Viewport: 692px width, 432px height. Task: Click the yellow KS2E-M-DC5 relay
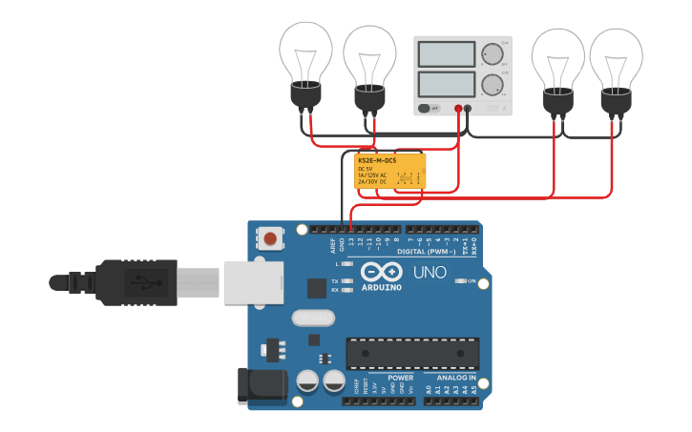click(x=389, y=172)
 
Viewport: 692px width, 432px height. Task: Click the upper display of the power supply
click(x=446, y=54)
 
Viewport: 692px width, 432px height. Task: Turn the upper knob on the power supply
click(x=492, y=53)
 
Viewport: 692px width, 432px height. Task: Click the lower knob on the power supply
click(x=492, y=85)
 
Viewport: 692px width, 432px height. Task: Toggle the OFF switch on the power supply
click(x=430, y=109)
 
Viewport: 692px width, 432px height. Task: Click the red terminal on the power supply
click(x=458, y=109)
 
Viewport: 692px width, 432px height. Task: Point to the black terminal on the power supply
click(x=468, y=109)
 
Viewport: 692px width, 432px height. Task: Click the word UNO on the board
click(x=429, y=273)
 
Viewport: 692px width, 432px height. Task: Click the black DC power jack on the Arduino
click(x=261, y=384)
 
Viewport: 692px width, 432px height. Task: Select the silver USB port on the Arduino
click(x=252, y=282)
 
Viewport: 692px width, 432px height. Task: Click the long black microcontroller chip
click(x=411, y=352)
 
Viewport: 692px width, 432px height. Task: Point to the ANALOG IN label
click(x=450, y=378)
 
